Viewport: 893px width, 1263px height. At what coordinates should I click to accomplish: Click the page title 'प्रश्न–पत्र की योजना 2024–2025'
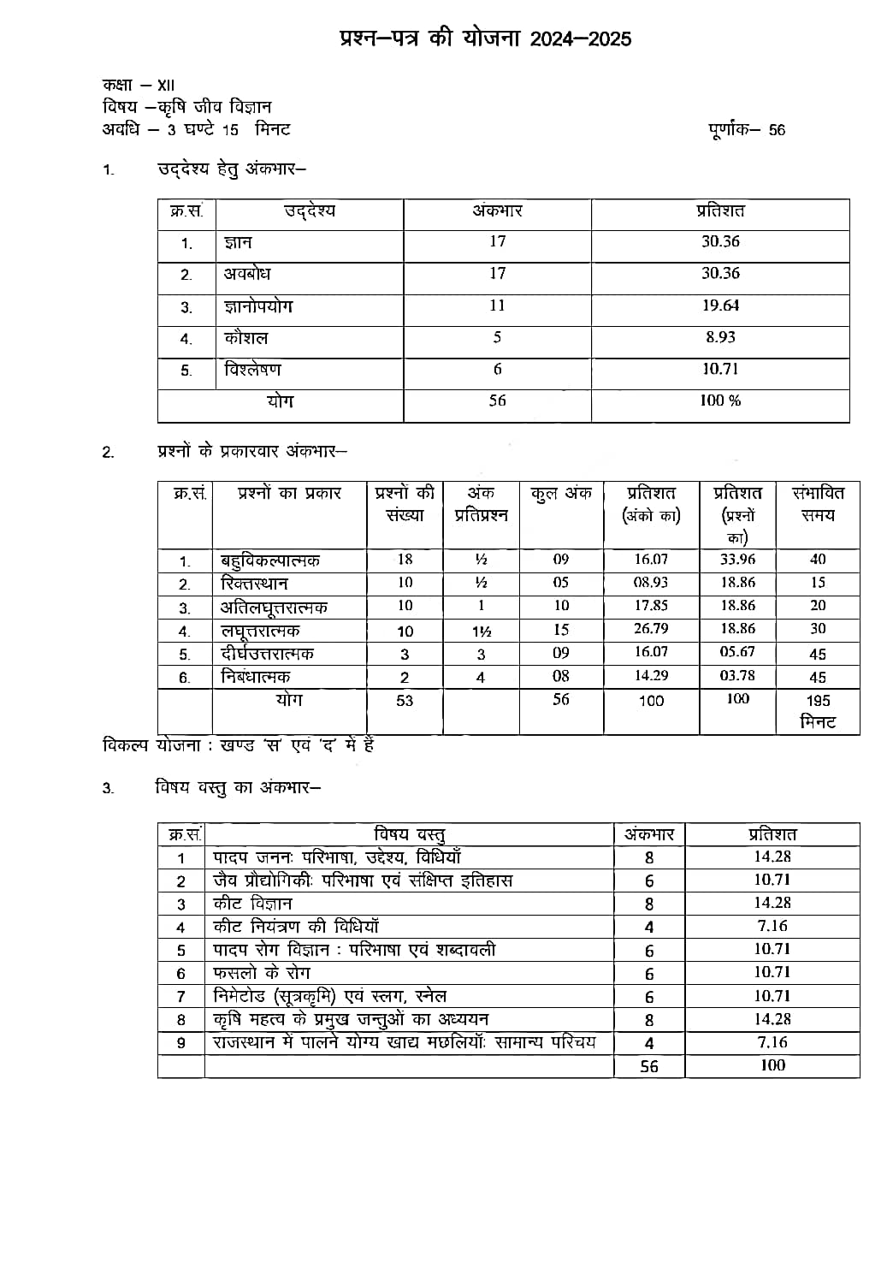coord(484,39)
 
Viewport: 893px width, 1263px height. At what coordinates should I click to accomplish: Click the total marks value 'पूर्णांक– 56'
coord(746,130)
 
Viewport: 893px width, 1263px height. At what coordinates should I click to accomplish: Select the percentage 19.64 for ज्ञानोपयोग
coord(720,305)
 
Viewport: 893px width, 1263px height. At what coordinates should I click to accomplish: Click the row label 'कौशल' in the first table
coord(245,338)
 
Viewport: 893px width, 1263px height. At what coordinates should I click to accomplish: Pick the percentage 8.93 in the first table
coord(720,337)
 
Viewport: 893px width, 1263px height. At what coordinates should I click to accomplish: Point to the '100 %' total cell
coord(720,400)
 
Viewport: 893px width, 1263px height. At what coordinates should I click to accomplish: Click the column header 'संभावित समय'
coord(818,504)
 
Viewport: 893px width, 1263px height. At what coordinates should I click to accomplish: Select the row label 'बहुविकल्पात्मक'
coord(270,560)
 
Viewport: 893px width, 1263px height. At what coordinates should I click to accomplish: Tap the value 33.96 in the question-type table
coord(737,560)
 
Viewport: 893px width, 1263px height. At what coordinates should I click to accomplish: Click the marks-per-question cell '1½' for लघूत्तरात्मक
coord(481,631)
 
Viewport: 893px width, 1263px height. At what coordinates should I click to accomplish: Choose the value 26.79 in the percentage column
coord(651,629)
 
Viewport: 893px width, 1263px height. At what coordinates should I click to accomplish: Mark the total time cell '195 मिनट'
coord(818,711)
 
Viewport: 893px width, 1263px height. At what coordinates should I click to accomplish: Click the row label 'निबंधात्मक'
coord(256,677)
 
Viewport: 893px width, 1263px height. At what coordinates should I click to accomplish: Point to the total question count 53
coord(405,701)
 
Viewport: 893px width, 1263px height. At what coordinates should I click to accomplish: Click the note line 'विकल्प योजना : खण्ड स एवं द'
coord(238,745)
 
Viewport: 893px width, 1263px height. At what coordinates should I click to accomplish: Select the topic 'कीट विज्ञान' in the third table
coord(252,904)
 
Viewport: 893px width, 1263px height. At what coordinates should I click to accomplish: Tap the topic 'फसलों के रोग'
coord(261,973)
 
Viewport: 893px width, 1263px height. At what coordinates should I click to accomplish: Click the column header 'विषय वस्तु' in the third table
coord(409,834)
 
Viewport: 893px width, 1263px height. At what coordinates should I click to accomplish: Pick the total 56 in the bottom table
coord(649,1067)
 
